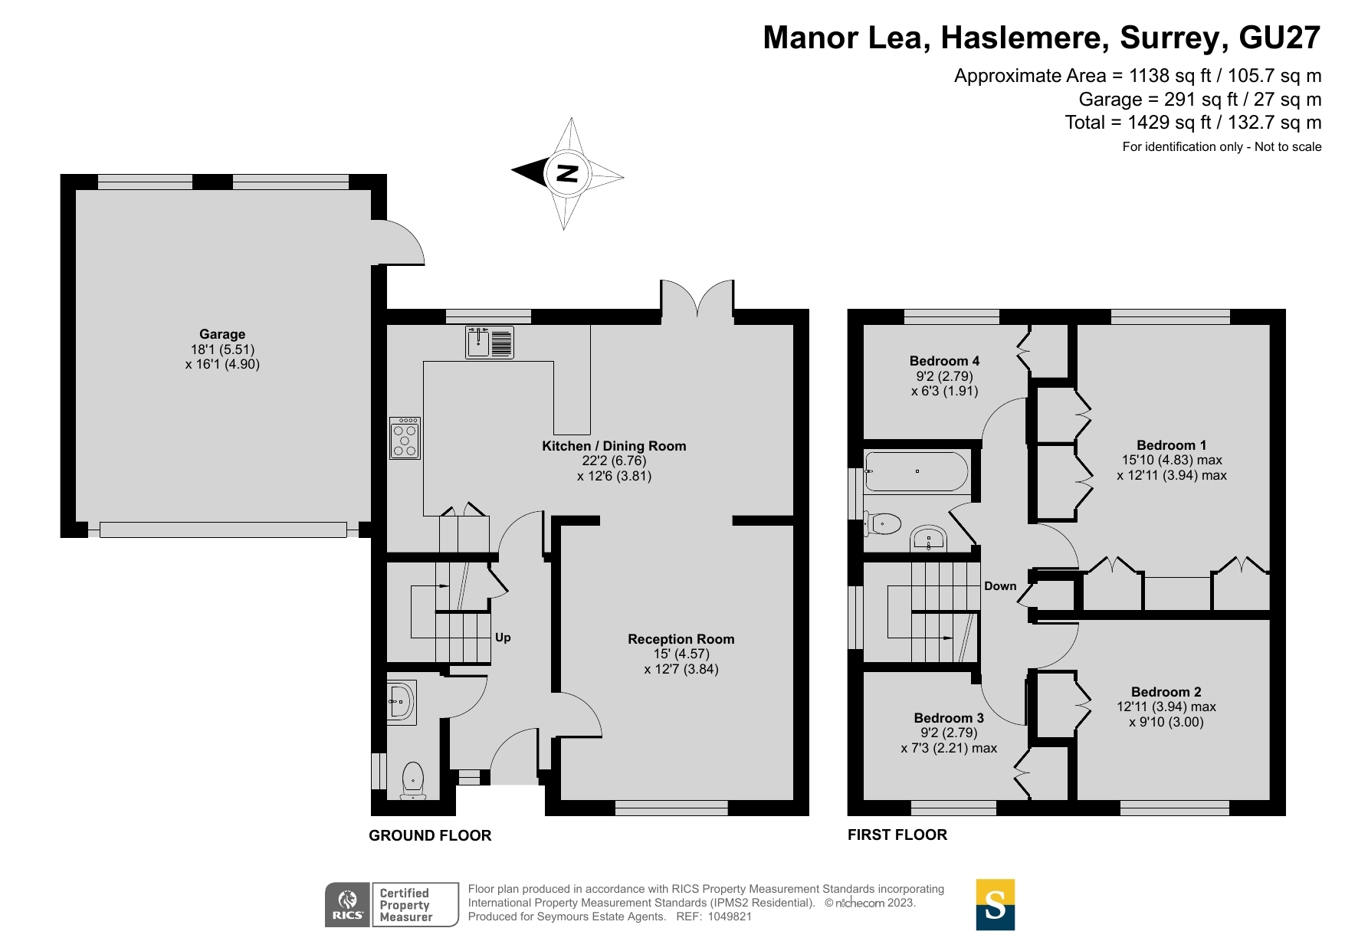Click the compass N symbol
pyautogui.click(x=566, y=173)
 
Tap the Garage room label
pyautogui.click(x=222, y=334)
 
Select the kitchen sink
pyautogui.click(x=490, y=342)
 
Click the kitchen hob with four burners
pyautogui.click(x=405, y=438)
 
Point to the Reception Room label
pyautogui.click(x=681, y=639)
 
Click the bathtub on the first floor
pyautogui.click(x=916, y=471)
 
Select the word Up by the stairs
pyautogui.click(x=503, y=638)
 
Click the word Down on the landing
pyautogui.click(x=1000, y=586)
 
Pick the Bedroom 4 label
pyautogui.click(x=944, y=361)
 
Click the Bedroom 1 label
pyautogui.click(x=1171, y=445)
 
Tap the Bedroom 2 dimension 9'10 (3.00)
pyautogui.click(x=1166, y=722)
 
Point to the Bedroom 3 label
pyautogui.click(x=949, y=718)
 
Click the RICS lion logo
pyautogui.click(x=348, y=904)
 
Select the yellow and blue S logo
pyautogui.click(x=995, y=904)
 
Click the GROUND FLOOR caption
pyautogui.click(x=430, y=835)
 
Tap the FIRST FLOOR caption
pyautogui.click(x=897, y=835)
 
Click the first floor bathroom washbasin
pyautogui.click(x=929, y=539)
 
